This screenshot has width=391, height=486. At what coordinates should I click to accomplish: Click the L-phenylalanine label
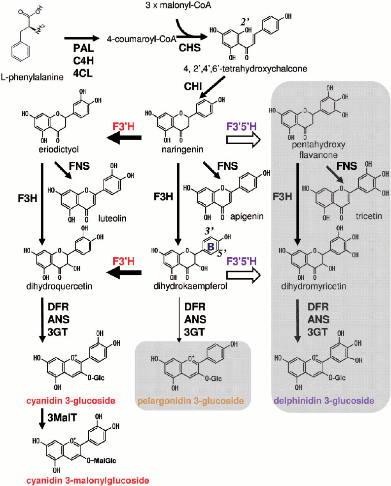pos(32,77)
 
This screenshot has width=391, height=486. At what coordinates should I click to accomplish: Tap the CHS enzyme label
pos(190,47)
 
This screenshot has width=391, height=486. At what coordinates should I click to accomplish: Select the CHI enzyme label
pos(193,86)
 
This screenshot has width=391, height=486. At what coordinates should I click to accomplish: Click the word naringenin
pos(182,150)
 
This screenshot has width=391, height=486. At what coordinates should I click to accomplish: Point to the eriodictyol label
pos(59,150)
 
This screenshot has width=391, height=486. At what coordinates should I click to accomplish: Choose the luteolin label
pos(112,218)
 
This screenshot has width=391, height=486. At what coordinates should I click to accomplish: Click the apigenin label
pos(247,216)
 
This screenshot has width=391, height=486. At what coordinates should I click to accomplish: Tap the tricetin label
pos(369,216)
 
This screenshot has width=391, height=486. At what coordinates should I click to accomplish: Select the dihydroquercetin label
pos(59,286)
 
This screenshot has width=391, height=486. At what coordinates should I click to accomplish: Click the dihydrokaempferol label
pos(190,286)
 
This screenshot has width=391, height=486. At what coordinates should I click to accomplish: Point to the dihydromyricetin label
pos(314,286)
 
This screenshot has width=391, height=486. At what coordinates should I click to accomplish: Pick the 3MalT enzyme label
pos(62,418)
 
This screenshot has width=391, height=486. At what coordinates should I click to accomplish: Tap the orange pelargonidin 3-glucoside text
pos(191,401)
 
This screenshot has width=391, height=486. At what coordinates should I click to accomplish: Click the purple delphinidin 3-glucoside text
pos(324,401)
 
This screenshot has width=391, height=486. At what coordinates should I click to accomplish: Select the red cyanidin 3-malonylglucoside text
pos(88,481)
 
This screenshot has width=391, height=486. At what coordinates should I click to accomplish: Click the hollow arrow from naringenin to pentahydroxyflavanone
pos(244,141)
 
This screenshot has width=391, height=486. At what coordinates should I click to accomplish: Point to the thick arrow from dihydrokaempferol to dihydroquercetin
pos(124,273)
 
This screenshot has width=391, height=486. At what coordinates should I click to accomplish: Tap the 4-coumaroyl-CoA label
pos(142,39)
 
